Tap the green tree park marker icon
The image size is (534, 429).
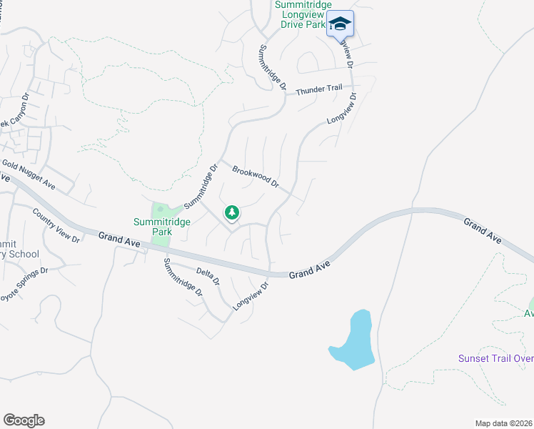coord(231,212)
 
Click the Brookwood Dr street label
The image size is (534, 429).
coord(255,176)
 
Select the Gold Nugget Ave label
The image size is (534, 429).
coord(29,174)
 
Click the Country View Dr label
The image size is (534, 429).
coord(56,225)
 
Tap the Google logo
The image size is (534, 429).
coord(24,420)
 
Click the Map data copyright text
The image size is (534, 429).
coord(504,423)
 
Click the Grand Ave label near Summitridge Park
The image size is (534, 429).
coord(119,240)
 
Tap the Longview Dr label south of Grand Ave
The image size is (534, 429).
coord(251,297)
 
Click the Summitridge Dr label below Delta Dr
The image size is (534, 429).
coord(183,278)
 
